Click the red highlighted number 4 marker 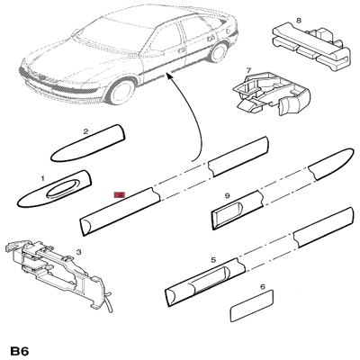(118, 193)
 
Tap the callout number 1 (41, 178)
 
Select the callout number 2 (85, 131)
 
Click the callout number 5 (213, 260)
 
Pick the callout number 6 (262, 288)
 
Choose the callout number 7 (248, 70)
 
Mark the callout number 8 (299, 19)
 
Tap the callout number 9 (228, 195)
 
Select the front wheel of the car (119, 93)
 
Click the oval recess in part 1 (63, 188)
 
